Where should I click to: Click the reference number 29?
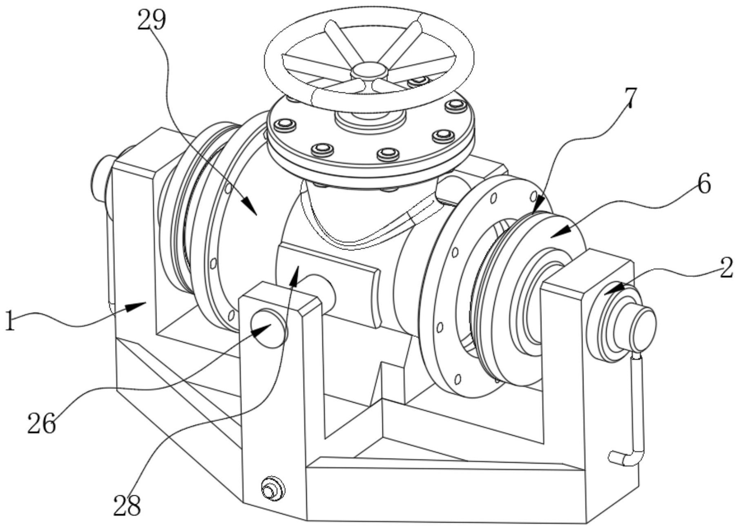click(152, 20)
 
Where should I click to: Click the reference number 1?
click(10, 321)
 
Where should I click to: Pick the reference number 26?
click(42, 423)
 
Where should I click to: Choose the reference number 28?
click(127, 506)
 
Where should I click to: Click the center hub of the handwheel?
click(369, 70)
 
